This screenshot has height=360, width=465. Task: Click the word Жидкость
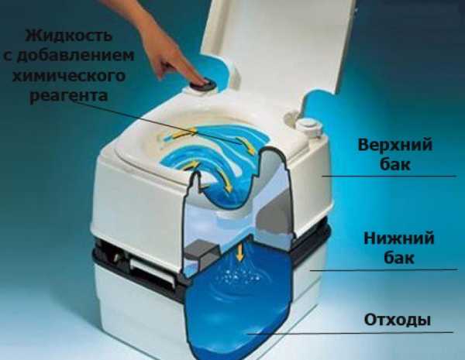(x=69, y=36)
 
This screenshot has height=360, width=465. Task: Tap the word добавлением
(x=76, y=56)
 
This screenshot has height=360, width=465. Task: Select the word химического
(x=69, y=75)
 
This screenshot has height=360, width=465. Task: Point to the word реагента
(x=69, y=95)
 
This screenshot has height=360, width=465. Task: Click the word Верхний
(x=395, y=145)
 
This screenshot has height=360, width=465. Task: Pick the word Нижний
(x=398, y=238)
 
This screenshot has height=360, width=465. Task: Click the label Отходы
(x=397, y=320)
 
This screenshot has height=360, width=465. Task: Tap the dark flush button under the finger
(x=202, y=84)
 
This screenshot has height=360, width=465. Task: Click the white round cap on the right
(x=309, y=127)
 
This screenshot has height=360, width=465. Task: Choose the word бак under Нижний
(x=399, y=258)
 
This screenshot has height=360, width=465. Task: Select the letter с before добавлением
(x=8, y=56)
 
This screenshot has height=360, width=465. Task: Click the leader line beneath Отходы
(x=350, y=333)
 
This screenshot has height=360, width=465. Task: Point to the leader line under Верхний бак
(x=389, y=176)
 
